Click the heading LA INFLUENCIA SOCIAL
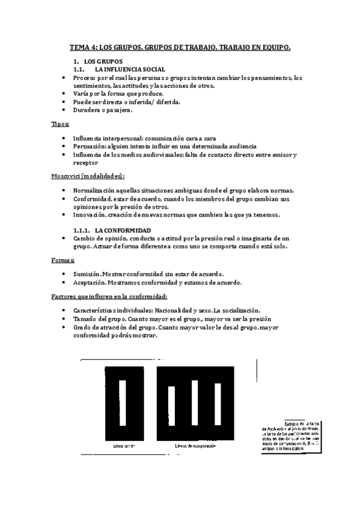coord(130,70)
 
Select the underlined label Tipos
coord(59,123)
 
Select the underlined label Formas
coord(63,260)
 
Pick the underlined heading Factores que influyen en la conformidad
coord(108,296)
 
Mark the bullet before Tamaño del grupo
coord(64,319)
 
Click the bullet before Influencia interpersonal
coord(64,138)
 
